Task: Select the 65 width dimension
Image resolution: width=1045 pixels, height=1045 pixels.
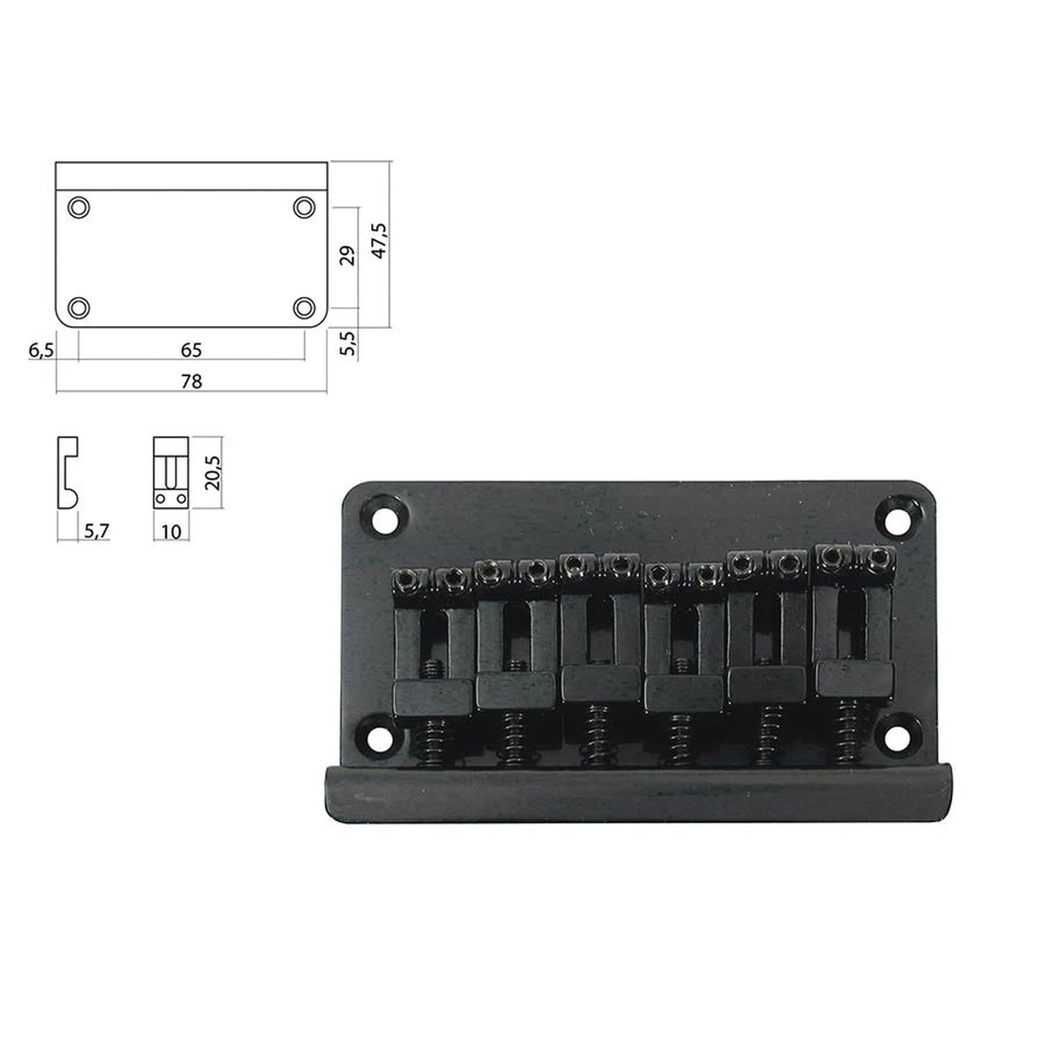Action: [191, 350]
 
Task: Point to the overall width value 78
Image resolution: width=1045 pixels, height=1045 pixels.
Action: [191, 381]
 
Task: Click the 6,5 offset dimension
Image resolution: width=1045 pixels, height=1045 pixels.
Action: [40, 350]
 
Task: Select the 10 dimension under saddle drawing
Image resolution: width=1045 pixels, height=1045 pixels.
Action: [170, 531]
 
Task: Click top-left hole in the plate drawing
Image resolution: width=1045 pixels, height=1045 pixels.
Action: [78, 207]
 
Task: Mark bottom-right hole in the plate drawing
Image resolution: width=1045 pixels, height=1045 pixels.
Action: [303, 307]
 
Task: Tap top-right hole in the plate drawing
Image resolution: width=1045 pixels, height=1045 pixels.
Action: [303, 207]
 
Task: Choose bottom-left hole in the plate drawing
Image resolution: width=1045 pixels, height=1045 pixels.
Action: [78, 307]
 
